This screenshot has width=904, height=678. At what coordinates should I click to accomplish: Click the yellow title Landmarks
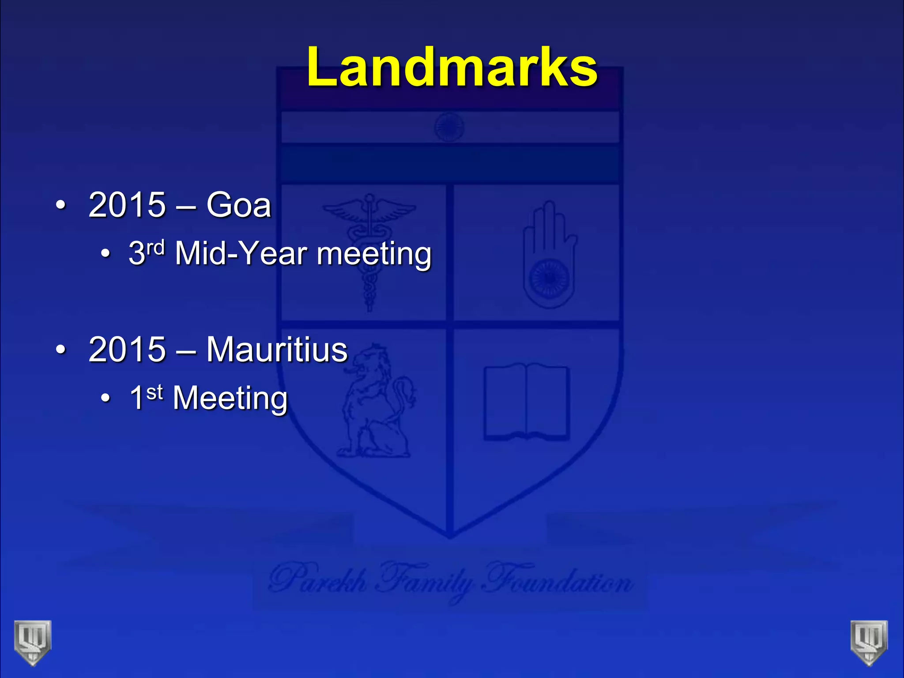pos(452,67)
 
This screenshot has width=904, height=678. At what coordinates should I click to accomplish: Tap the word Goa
pos(238,205)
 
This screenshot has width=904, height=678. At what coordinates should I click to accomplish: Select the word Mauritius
pos(277,349)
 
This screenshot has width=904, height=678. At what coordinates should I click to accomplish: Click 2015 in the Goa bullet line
pos(127,205)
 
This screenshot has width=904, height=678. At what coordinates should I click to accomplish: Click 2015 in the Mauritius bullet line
pos(127,349)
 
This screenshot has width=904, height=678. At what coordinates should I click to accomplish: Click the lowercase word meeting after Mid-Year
pos(374,255)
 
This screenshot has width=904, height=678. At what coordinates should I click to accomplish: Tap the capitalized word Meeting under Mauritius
pos(230,398)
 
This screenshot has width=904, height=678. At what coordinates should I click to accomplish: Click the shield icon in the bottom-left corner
pos(33,642)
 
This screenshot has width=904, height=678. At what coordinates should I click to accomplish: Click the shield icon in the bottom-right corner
pos(869,642)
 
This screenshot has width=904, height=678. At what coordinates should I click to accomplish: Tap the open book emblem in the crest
pos(526,402)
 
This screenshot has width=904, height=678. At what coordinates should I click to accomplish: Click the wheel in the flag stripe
pos(449,127)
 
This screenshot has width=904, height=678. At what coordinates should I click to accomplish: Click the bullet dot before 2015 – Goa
pos(60,205)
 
